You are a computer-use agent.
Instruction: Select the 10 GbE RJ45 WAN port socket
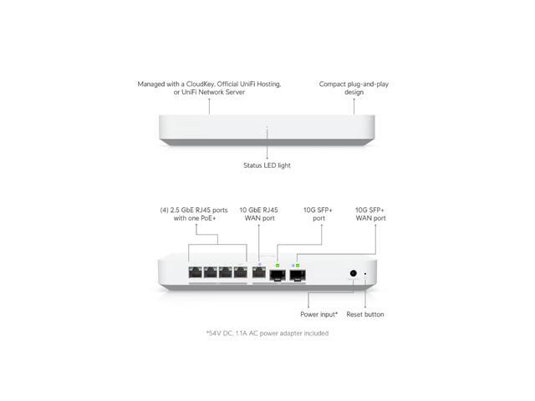pyautogui.click(x=259, y=272)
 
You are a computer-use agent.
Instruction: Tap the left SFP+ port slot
pyautogui.click(x=278, y=273)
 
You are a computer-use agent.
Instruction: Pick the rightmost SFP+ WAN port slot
pyautogui.click(x=298, y=273)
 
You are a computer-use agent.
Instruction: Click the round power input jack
pyautogui.click(x=354, y=273)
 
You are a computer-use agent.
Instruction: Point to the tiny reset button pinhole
pyautogui.click(x=365, y=273)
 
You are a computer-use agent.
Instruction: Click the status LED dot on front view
pyautogui.click(x=267, y=127)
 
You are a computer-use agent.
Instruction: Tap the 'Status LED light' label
pyautogui.click(x=267, y=165)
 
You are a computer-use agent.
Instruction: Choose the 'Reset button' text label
pyautogui.click(x=365, y=314)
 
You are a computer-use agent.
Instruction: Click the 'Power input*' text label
pyautogui.click(x=319, y=314)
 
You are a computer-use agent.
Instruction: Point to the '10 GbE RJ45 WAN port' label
pyautogui.click(x=259, y=213)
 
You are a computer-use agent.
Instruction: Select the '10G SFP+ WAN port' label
pyautogui.click(x=370, y=213)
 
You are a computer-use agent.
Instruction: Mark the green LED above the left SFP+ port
pyautogui.click(x=278, y=263)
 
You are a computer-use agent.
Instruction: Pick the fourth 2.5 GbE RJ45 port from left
pyautogui.click(x=241, y=272)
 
